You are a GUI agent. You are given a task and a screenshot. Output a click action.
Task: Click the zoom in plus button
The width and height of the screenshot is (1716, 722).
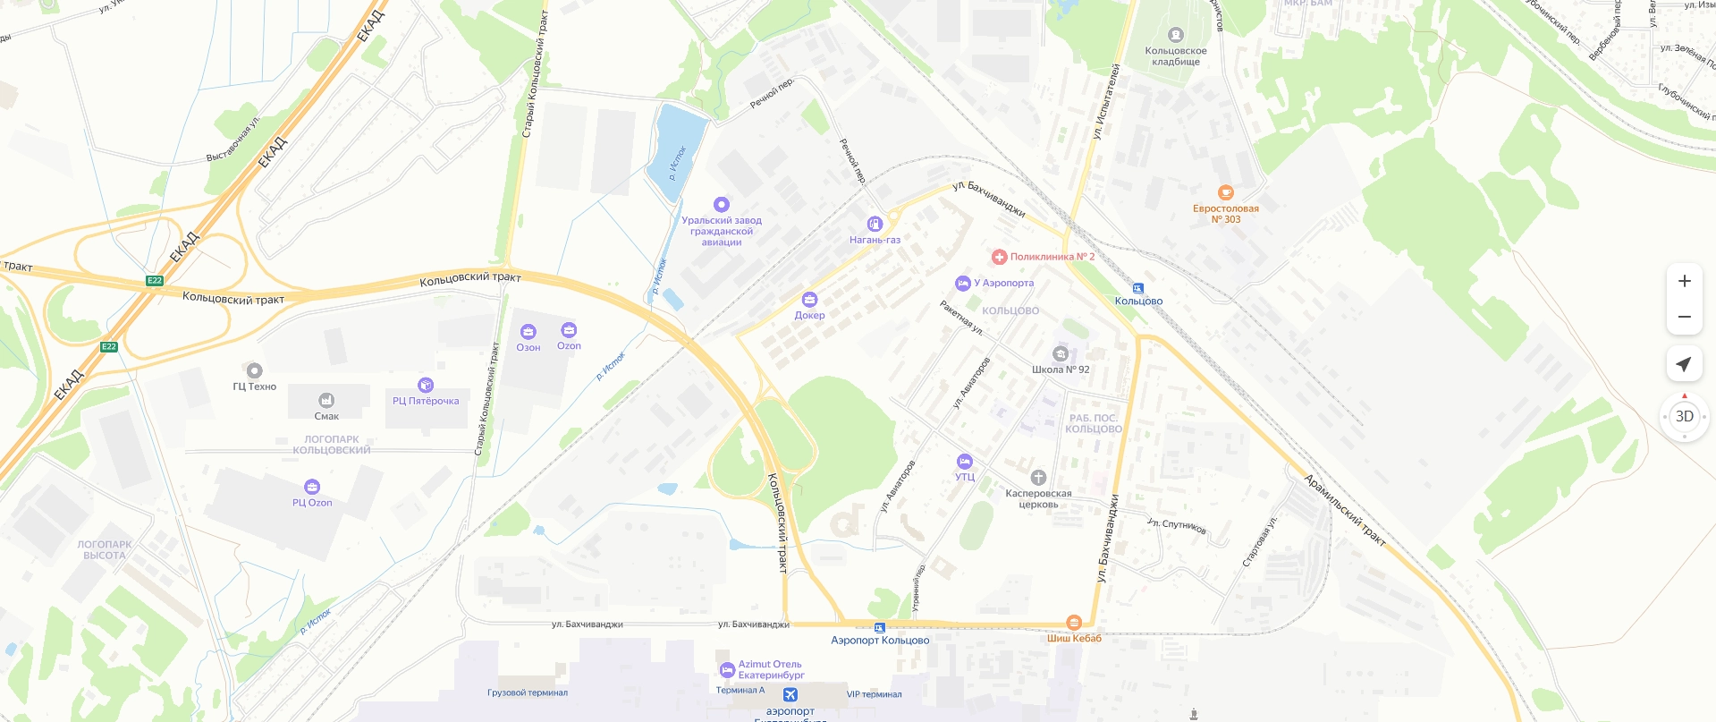[1685, 281]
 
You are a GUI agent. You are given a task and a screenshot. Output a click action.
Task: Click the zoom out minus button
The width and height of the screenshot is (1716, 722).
[1685, 317]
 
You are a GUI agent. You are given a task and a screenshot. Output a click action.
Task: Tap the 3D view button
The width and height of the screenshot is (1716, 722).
[1685, 416]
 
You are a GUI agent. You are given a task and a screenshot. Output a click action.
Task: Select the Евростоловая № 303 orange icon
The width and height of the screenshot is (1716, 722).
[1226, 192]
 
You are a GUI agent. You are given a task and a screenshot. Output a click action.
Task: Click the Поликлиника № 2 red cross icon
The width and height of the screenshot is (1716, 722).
[999, 257]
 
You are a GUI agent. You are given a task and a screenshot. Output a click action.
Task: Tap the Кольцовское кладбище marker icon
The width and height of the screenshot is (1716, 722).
[1176, 35]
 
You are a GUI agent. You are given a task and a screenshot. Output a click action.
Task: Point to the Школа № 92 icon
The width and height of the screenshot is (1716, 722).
[1061, 353]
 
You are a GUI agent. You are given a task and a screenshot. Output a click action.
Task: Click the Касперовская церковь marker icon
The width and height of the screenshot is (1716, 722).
[1038, 478]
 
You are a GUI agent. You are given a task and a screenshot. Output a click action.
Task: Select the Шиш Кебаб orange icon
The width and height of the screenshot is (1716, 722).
[1074, 623]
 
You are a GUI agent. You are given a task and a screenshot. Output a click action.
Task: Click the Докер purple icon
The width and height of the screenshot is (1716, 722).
[809, 300]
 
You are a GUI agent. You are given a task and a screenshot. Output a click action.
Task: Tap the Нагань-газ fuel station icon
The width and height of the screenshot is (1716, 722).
[875, 224]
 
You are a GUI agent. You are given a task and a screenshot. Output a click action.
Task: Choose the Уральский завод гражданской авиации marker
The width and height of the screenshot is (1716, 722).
[722, 204]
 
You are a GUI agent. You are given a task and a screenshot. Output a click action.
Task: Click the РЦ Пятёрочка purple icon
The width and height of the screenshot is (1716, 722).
[426, 385]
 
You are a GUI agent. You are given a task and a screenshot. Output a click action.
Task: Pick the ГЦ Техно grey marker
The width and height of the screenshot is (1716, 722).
[255, 370]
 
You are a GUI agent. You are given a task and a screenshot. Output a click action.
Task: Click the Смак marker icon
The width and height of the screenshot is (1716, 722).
[326, 400]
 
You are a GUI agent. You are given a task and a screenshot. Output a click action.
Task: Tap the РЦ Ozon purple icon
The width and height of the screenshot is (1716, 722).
[312, 487]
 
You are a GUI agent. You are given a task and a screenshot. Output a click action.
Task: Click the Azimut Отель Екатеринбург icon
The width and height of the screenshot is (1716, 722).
[727, 670]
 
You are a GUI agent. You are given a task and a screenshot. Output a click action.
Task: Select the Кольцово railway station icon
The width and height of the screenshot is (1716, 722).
[1138, 288]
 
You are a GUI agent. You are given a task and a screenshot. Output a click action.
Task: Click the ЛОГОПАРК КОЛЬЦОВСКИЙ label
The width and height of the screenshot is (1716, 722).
[332, 445]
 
